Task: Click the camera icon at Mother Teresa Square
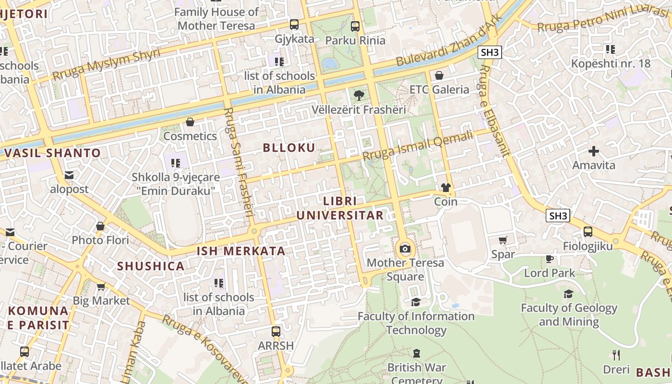coord(405,249)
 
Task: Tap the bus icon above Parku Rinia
coord(355,26)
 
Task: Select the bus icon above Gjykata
coord(294,24)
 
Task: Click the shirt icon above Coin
coord(446,188)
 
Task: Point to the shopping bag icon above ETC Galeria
coord(439,75)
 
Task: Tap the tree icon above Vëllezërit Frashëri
coord(359,95)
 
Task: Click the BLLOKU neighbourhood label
coord(289,148)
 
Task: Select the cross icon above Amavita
coord(594,151)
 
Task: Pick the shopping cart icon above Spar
coord(503,240)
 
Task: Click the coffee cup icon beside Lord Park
coord(550,259)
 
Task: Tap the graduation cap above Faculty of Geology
coord(569,294)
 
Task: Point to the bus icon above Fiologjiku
coord(588,232)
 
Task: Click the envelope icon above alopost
coord(70,175)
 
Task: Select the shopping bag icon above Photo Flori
coord(100,226)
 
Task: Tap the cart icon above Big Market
coord(101,287)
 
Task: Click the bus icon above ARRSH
coord(276,331)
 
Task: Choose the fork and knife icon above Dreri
coord(617,355)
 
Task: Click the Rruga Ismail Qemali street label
coord(418,146)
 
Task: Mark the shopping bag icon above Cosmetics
coord(190,122)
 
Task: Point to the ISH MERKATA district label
coord(241,251)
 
